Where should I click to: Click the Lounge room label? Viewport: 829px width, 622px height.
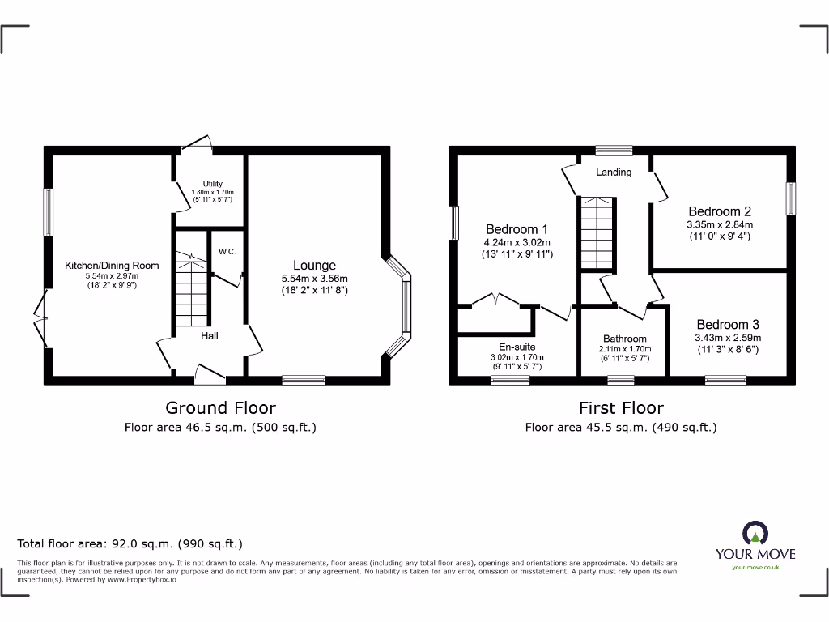coord(314,265)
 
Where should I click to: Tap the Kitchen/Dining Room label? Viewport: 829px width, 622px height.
coord(112,265)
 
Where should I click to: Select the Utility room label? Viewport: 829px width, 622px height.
coord(212,184)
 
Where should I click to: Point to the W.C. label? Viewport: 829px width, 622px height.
coord(226,252)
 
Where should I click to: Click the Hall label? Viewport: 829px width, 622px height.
coord(210,335)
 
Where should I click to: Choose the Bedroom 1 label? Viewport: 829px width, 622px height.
coord(517,229)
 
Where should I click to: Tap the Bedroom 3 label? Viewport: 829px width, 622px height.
coord(728,325)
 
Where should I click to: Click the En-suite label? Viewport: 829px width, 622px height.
coord(517,347)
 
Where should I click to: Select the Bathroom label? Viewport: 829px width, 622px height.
coord(624,339)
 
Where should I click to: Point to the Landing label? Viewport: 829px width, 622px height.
coord(614,172)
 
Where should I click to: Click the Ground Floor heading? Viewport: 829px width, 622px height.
coord(220,407)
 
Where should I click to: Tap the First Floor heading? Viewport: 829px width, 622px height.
coord(621,407)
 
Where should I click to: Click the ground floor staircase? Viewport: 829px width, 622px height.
coord(191,288)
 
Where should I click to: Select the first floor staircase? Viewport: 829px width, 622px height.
coord(596,234)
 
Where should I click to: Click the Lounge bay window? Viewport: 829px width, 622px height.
coord(402,307)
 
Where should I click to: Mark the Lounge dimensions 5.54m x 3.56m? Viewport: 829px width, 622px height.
coord(314,278)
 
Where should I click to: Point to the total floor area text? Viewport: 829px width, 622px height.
coord(130,544)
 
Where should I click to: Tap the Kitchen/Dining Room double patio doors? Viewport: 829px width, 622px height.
coord(40,320)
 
